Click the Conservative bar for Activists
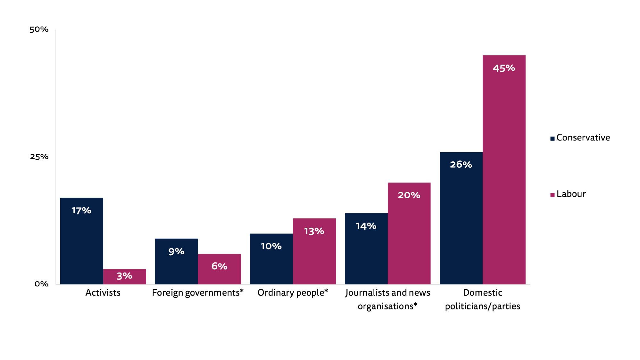point(81,241)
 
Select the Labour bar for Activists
point(124,277)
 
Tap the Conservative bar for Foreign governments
point(176,261)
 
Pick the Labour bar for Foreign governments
point(219,269)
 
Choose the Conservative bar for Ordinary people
point(271,259)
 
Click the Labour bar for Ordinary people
point(314,251)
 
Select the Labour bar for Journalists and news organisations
point(409,233)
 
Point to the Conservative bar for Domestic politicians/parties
point(461,218)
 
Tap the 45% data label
point(504,68)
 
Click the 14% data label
point(366,226)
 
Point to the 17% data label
point(81,211)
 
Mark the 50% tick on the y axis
point(39,29)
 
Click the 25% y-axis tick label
point(39,157)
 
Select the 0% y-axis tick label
point(41,284)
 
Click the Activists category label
point(103,293)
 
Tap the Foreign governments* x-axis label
point(198,293)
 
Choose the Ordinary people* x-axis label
point(293,293)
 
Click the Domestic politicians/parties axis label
point(482,299)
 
